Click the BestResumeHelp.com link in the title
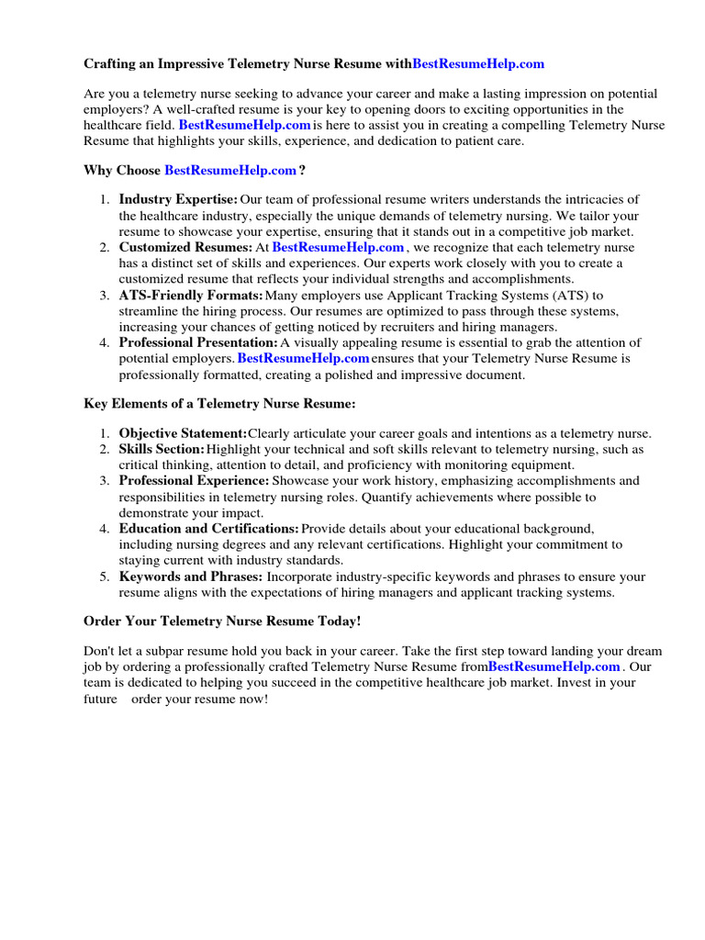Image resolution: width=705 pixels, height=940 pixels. point(478,63)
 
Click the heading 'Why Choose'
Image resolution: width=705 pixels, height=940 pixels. point(122,170)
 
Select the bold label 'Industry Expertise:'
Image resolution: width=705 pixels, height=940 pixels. point(178,200)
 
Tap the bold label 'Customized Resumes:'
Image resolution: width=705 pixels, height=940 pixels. point(185,247)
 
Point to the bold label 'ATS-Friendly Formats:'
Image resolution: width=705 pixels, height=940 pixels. point(191,295)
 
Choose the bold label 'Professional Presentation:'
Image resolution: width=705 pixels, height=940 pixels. point(198,342)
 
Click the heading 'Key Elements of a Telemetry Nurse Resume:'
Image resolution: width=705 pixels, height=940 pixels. point(219,403)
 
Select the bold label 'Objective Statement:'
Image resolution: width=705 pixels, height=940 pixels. point(183,433)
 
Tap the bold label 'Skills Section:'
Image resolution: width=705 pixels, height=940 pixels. point(162,449)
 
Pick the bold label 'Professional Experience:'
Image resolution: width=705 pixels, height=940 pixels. point(194,481)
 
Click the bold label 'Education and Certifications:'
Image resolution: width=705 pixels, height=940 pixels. point(208,529)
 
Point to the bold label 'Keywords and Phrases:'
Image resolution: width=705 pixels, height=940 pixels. point(191,576)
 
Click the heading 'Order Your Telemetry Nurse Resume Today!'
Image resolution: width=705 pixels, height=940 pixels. point(222,621)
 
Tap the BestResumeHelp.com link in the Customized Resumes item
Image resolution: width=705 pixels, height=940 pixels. point(338,247)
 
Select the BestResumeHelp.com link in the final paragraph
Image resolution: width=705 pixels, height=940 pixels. point(554,666)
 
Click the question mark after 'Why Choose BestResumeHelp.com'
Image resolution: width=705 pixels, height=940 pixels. point(302,170)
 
